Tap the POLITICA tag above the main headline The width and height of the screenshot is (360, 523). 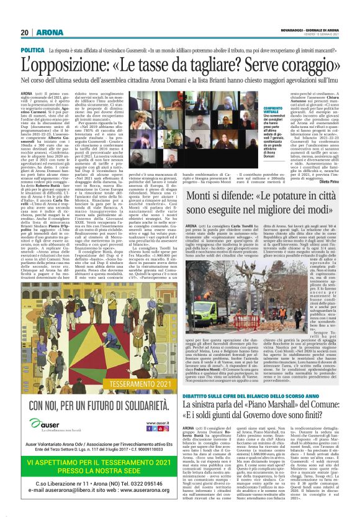click(33, 49)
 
